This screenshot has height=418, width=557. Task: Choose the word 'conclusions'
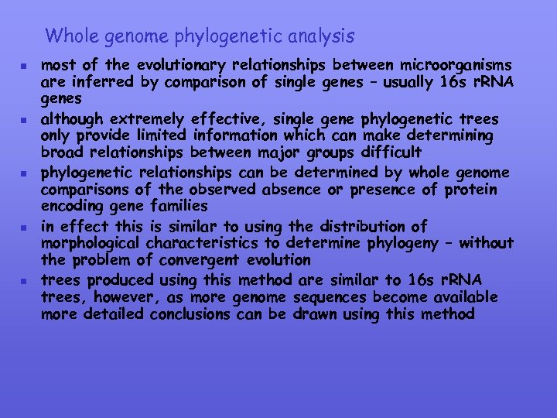click(x=190, y=315)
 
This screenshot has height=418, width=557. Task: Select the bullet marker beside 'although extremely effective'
click(x=26, y=121)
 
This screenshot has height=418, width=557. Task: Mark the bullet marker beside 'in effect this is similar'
click(x=26, y=228)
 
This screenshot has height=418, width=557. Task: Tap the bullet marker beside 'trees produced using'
click(x=26, y=281)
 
